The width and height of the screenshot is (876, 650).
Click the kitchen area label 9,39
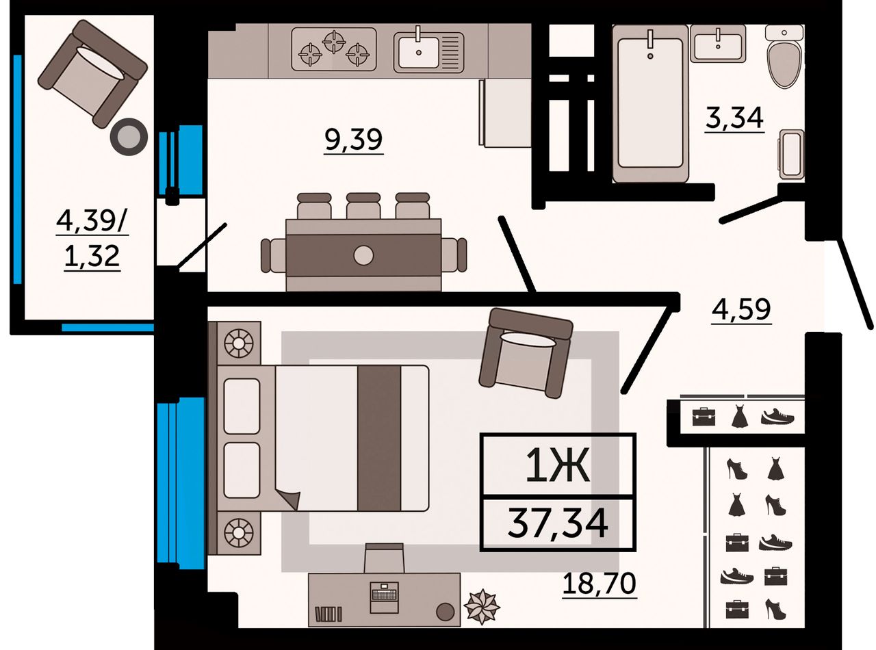tap(354, 140)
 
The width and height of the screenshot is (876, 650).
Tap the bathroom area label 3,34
tap(734, 119)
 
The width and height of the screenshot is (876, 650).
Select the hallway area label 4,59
tap(741, 311)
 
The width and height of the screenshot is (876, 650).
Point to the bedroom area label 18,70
tap(599, 584)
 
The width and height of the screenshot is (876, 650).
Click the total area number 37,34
tap(557, 523)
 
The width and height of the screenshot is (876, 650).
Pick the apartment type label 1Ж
tap(558, 465)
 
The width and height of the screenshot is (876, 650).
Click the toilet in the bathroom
tap(784, 57)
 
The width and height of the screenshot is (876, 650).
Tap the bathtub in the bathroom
tap(650, 104)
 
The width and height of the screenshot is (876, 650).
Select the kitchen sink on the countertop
tap(428, 53)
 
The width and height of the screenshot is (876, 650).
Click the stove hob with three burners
tap(334, 49)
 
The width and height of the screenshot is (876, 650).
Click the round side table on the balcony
tap(129, 137)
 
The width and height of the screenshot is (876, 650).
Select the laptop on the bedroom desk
tap(385, 597)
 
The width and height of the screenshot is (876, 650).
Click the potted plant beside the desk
tap(481, 607)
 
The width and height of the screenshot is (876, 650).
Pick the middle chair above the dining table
tap(363, 206)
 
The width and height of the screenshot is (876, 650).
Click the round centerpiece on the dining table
tap(363, 255)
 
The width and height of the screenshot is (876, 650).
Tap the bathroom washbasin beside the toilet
tap(718, 43)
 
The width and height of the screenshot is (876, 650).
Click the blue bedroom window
tap(181, 483)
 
